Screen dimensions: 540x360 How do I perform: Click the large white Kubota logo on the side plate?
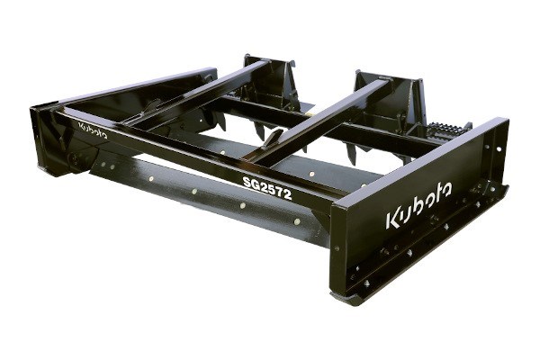point(418,205)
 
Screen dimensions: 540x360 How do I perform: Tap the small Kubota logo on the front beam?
point(93,130)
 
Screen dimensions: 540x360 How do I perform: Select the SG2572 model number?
point(267,188)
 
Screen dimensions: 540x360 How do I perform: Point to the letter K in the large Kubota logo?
point(393,219)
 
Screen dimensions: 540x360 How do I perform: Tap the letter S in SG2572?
point(247,182)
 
